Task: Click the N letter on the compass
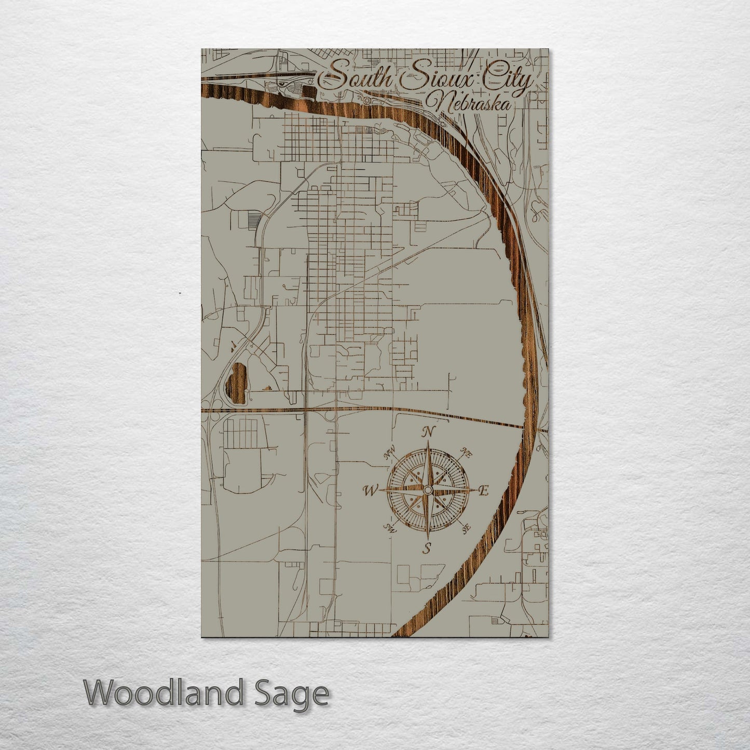coord(428,432)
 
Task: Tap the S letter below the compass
coord(427,548)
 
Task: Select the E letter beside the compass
coord(483,490)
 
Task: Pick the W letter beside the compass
coord(371,490)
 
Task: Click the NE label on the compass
coord(466,454)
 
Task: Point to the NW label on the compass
coord(389,455)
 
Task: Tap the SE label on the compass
coord(466,527)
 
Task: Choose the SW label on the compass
coord(389,528)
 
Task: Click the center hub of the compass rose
coord(427,490)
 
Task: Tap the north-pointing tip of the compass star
coord(428,443)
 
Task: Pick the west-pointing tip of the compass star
coord(384,490)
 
